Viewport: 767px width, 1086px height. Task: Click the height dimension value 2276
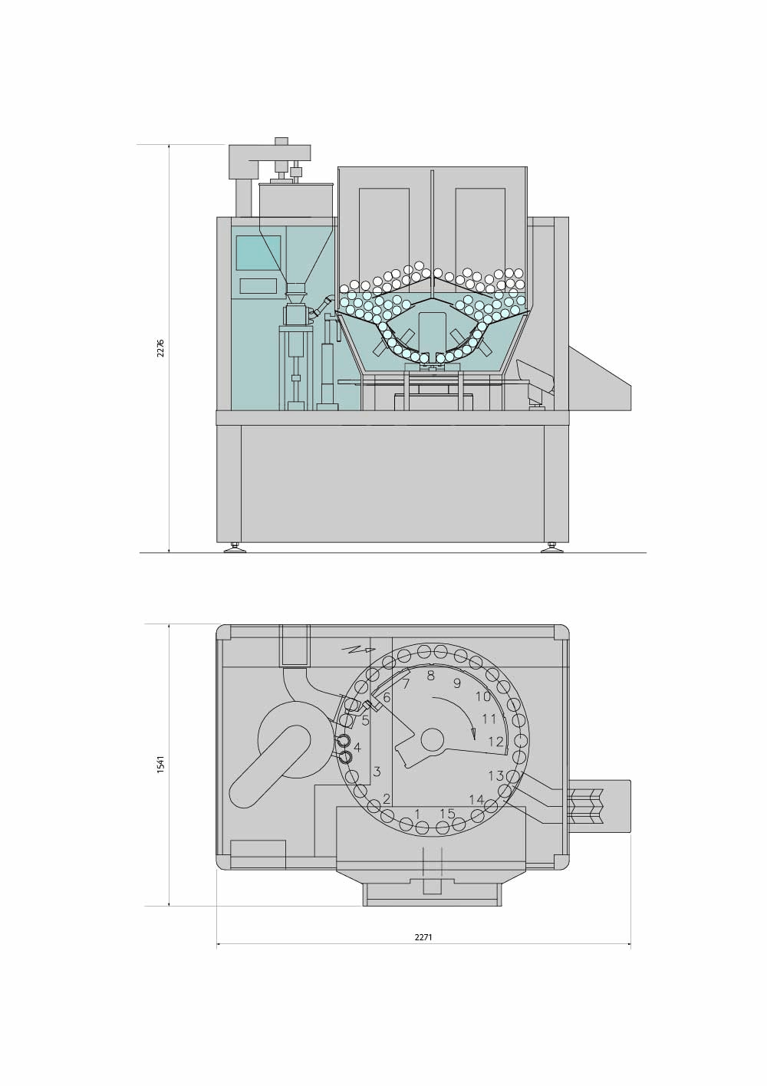click(160, 347)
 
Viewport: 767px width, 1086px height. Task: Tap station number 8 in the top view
click(430, 676)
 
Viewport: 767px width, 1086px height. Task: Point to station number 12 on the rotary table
click(496, 742)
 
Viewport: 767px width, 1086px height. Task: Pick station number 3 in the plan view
click(377, 771)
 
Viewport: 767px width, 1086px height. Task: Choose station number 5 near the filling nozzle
click(366, 720)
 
